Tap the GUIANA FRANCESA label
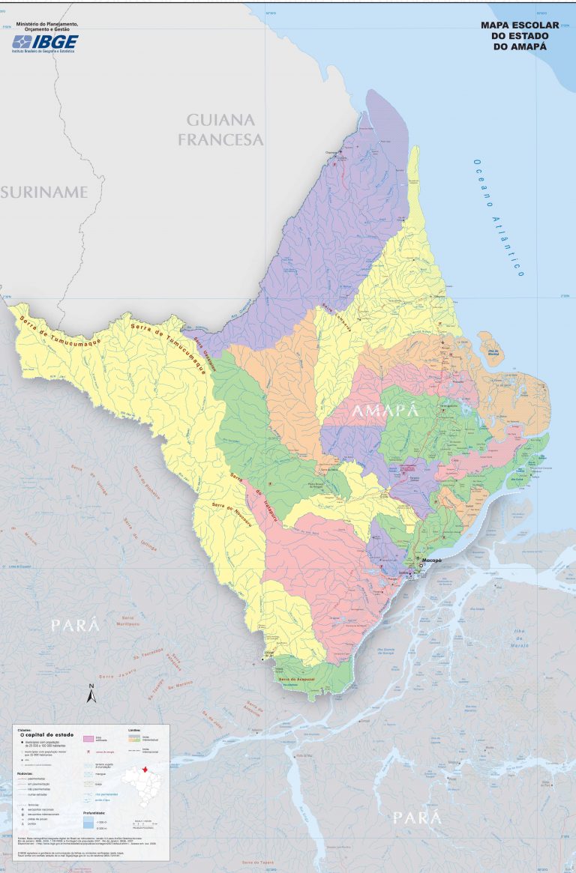[x=220, y=130]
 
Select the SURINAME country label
[x=44, y=192]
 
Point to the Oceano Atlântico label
[x=497, y=217]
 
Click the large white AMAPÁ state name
[x=383, y=411]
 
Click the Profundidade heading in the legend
[x=94, y=812]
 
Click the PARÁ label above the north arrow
[x=75, y=626]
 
